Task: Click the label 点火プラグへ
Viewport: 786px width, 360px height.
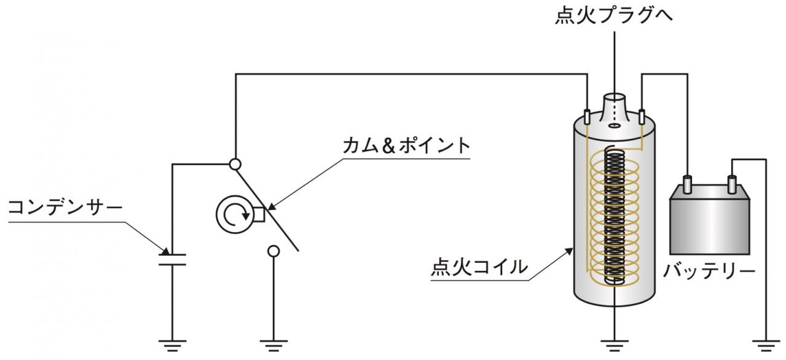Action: (x=614, y=15)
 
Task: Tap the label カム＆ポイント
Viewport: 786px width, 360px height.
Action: (x=406, y=146)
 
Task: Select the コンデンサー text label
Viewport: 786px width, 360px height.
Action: (x=65, y=208)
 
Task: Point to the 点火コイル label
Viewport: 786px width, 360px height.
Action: (x=479, y=267)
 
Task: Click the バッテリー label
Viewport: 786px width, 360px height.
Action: (x=709, y=270)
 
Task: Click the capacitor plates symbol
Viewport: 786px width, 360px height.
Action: (x=172, y=259)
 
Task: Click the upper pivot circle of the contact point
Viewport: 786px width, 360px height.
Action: (x=235, y=164)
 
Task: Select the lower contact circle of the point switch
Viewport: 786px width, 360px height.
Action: (x=273, y=251)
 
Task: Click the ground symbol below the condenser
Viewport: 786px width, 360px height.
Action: (x=172, y=346)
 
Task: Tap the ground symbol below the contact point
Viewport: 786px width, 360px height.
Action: (x=273, y=346)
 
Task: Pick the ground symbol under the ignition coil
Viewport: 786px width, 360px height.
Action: (x=615, y=346)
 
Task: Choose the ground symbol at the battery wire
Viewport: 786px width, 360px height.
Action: (x=766, y=346)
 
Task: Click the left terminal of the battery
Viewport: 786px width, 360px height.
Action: (x=686, y=184)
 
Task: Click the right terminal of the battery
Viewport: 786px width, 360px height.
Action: (x=732, y=184)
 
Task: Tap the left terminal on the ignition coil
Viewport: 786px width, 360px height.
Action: (x=587, y=117)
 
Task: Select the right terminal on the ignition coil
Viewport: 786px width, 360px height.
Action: (x=642, y=117)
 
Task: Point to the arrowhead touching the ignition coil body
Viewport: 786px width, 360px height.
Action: (x=569, y=251)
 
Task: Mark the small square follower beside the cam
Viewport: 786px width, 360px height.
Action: (x=259, y=215)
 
